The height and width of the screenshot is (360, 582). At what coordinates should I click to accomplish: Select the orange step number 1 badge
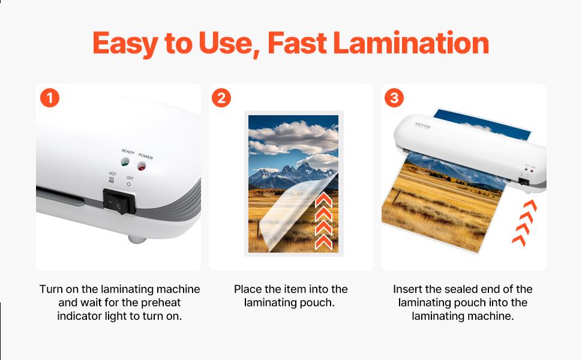point(50,98)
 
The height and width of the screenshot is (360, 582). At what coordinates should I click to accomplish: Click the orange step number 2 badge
point(221,98)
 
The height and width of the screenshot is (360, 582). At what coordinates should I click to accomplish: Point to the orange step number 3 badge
point(394,98)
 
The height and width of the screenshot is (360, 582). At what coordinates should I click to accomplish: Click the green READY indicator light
point(125,163)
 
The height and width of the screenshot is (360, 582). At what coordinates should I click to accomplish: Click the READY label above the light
point(128,152)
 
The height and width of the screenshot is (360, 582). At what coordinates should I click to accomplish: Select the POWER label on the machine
point(146,156)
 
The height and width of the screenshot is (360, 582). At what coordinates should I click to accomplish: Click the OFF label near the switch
point(130,178)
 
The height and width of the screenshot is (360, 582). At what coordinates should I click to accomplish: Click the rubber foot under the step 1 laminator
point(137,238)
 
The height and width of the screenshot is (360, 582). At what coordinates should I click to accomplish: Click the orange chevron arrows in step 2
point(323,221)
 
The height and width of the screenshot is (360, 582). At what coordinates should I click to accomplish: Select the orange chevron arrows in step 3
point(524,224)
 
